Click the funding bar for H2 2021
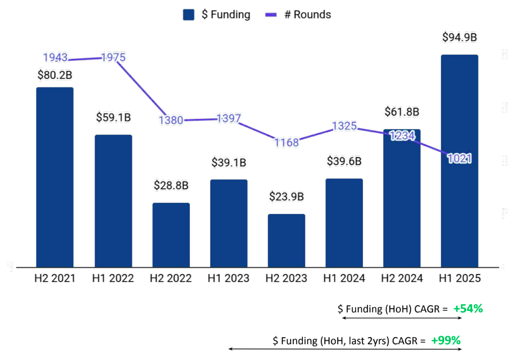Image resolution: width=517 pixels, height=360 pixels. coord(55,177)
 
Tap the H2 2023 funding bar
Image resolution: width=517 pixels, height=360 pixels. coord(286,240)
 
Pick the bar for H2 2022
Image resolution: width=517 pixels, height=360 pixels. coord(171,235)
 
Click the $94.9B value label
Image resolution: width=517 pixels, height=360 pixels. coord(459,37)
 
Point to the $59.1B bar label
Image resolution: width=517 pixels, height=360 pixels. coord(113,117)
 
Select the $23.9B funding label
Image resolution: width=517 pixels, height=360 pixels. coord(286,196)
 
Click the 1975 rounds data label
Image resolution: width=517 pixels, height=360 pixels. coord(113,58)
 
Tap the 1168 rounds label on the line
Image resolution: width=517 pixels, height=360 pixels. coord(286,142)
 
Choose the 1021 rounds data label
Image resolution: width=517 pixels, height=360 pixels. coord(459,158)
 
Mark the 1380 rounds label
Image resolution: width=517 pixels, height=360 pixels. coord(171,120)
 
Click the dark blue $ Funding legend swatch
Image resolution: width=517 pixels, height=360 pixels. coord(188,15)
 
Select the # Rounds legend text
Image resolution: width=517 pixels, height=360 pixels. coord(308,15)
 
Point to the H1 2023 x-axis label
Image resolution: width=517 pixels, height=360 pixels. coord(228,279)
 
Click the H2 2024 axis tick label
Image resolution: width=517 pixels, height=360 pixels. coord(402,279)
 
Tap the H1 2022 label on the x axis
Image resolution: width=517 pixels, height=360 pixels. coord(113,279)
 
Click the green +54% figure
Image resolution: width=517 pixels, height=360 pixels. coord(468,309)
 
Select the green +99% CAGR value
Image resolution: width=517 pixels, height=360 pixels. coord(446,340)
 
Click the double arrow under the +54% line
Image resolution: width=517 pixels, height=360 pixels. coord(402,318)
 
